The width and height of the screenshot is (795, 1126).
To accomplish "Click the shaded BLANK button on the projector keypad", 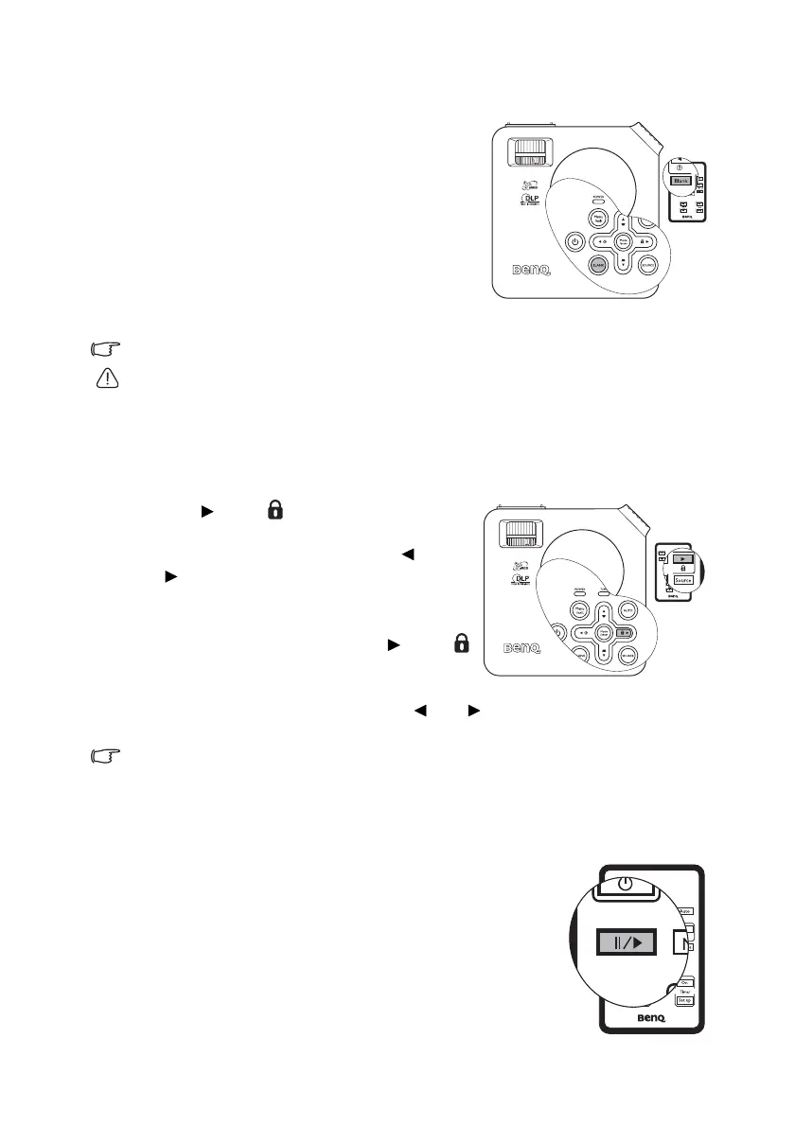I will coord(598,267).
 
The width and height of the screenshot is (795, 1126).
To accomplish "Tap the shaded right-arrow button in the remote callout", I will coord(682,559).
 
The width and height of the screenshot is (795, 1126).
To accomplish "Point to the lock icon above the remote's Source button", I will coord(682,568).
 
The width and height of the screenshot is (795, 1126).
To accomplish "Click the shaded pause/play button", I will coord(624,943).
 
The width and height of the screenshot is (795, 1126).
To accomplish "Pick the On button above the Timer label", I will coord(685,981).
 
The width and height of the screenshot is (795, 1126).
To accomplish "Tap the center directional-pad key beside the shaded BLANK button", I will coord(624,241).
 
